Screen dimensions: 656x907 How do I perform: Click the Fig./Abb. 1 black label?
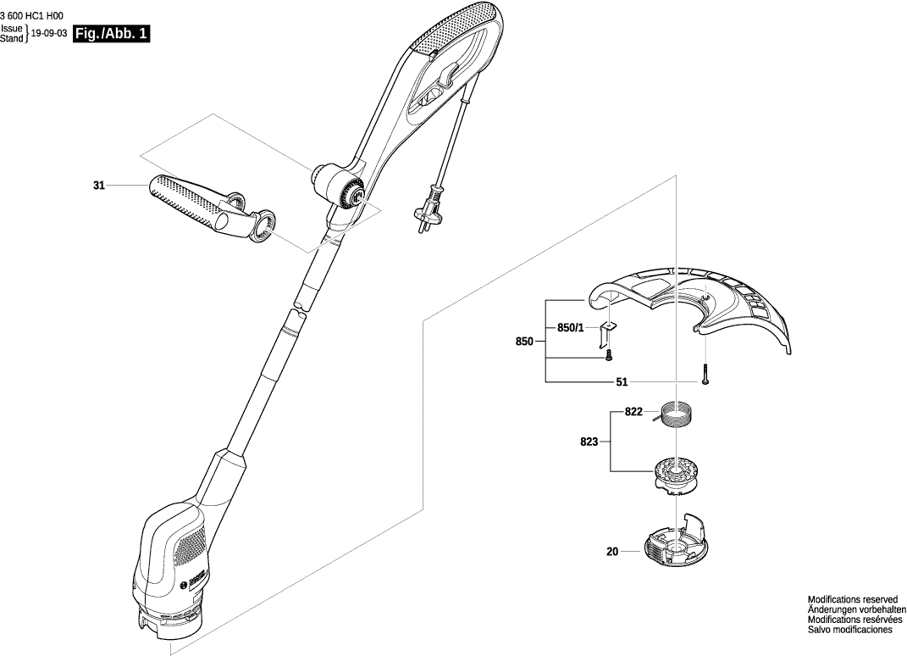coord(111,35)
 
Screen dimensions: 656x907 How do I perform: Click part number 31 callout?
coord(99,185)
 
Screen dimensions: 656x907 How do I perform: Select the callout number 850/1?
coord(570,328)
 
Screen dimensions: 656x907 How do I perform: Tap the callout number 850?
coord(524,342)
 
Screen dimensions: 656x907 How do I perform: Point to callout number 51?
coord(622,382)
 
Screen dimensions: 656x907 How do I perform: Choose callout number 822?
coord(633,412)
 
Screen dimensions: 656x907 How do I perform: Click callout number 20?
coord(612,552)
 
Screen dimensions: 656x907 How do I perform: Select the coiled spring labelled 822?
coord(677,415)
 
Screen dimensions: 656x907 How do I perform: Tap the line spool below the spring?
coord(675,476)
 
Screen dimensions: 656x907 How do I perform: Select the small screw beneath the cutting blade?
coord(608,358)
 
